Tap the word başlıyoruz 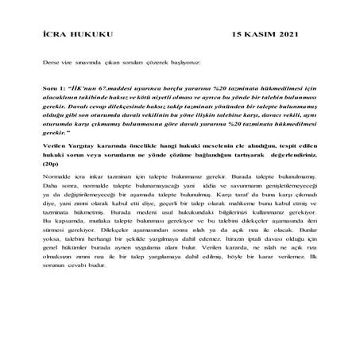[182, 61]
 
